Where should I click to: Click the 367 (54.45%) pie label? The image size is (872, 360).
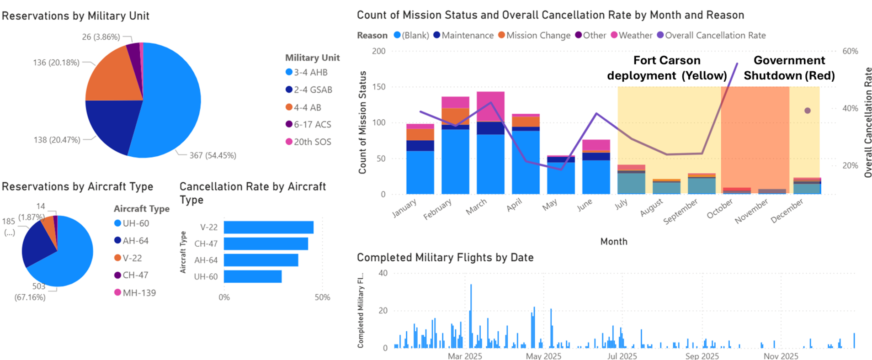coord(213,155)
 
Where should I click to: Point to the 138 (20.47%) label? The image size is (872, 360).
coord(57,140)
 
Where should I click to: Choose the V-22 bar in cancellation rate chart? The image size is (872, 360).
coord(268,227)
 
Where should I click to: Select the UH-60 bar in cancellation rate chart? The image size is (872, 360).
coord(252,276)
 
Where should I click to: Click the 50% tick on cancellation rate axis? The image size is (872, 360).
coord(322,297)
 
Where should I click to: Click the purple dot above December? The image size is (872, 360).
coord(808,111)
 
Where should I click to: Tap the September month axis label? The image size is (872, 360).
coord(681,211)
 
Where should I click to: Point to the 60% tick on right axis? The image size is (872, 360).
coord(850,51)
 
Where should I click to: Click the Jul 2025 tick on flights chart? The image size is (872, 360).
coord(622,356)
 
